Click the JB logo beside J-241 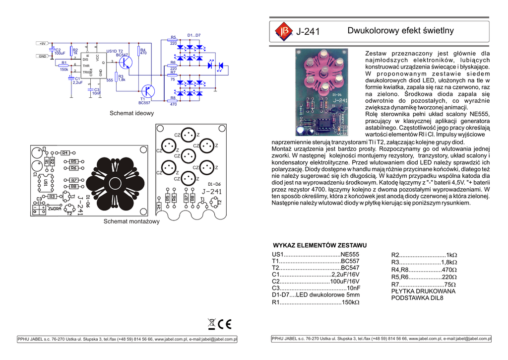point(284,31)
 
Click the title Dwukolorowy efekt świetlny point(400,31)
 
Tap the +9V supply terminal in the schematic point(43,44)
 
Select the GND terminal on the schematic point(43,56)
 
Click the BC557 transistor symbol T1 point(147,91)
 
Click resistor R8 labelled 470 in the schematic point(173,100)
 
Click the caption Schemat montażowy point(131,221)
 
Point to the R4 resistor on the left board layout point(65,153)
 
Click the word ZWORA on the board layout point(55,209)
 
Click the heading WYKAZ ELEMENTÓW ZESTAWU point(320,245)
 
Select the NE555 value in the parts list point(350,254)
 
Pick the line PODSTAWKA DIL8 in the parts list point(417,298)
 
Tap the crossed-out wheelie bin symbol point(212,324)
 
